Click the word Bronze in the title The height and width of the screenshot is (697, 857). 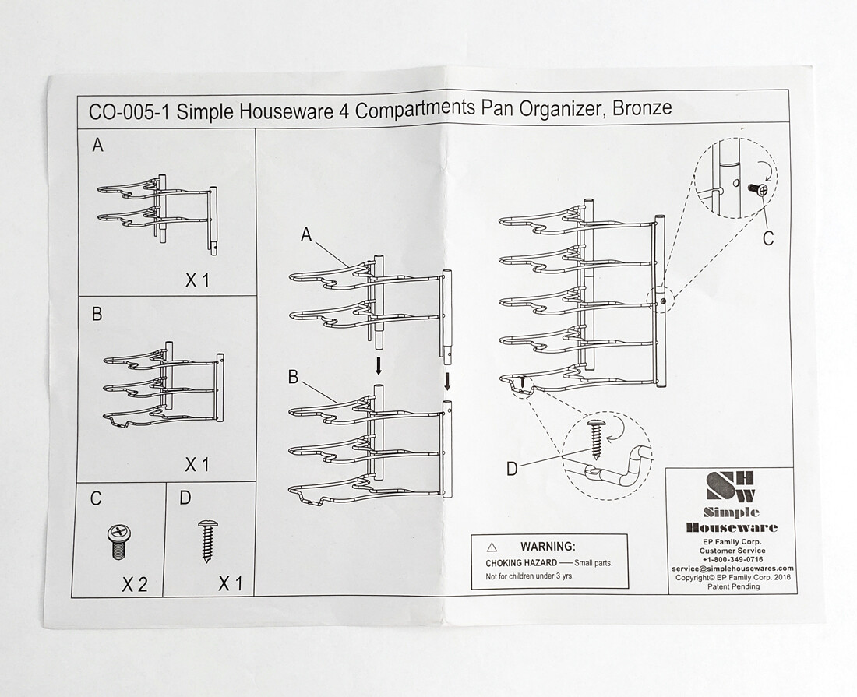642,107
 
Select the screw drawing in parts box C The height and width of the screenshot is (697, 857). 118,540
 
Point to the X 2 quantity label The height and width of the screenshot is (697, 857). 134,584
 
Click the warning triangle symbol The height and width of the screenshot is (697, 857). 492,547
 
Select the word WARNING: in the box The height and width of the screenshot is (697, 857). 548,547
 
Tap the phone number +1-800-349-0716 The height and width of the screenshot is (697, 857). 732,559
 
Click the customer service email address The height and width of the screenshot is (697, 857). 732,569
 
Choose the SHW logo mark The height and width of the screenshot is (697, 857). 731,486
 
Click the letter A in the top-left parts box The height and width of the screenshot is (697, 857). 97,145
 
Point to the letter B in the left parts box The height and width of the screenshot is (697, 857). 97,315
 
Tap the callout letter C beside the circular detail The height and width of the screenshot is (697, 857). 768,238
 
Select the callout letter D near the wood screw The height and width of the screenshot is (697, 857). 512,469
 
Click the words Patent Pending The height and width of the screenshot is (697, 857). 732,586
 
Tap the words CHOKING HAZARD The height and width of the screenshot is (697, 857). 521,562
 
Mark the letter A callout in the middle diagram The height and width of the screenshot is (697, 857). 306,235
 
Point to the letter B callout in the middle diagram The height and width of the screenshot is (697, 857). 293,377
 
